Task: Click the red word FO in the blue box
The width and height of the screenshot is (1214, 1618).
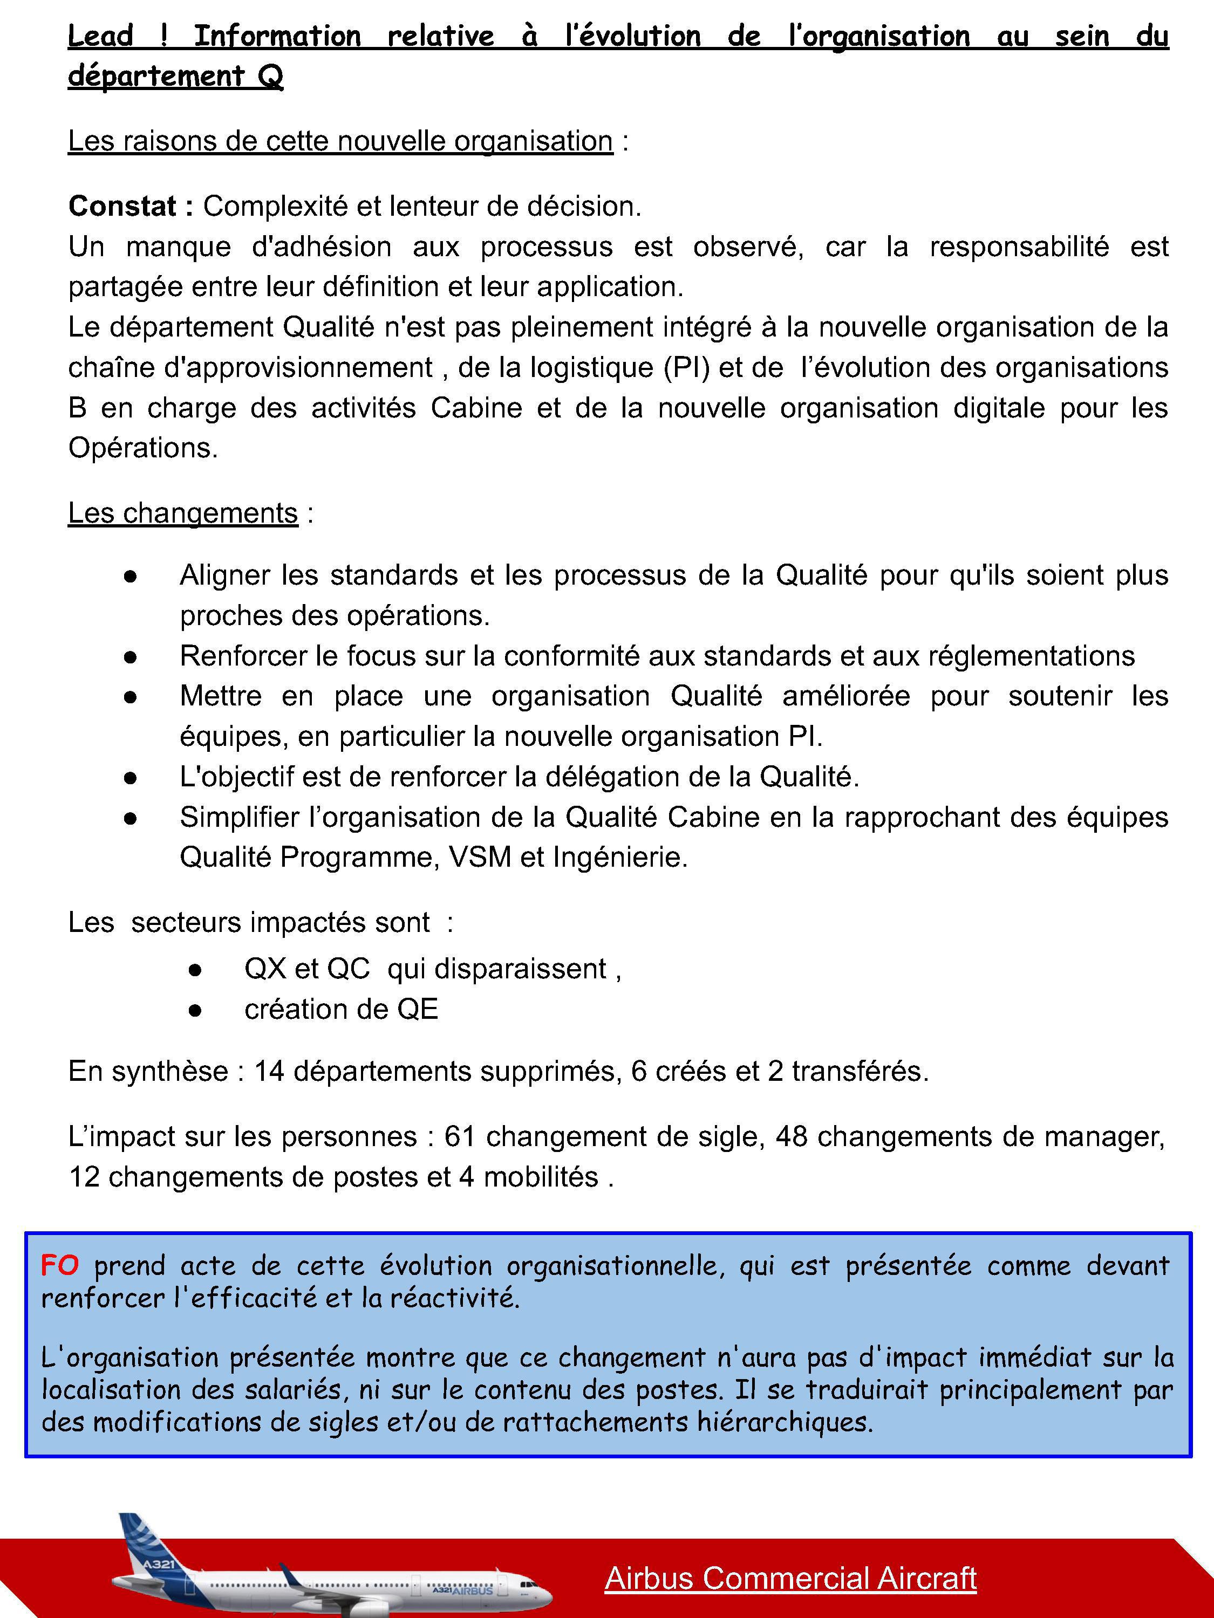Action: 59,1265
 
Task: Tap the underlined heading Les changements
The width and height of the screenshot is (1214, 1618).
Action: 183,513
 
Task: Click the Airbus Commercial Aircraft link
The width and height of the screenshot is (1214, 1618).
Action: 790,1578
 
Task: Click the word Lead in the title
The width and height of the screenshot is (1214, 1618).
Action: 100,36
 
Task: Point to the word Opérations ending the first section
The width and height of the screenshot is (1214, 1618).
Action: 142,448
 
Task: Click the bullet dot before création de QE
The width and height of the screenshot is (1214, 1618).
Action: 195,1011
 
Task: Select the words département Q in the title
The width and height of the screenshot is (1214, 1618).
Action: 175,76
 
